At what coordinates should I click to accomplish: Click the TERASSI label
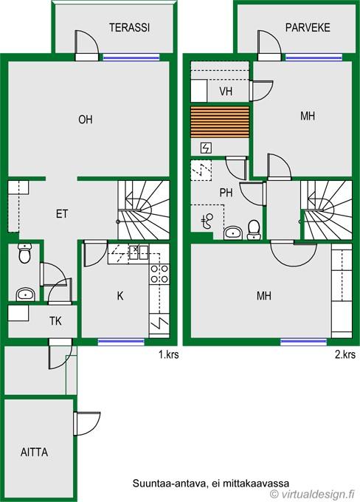pyautogui.click(x=129, y=27)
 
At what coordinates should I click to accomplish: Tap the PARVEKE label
pyautogui.click(x=308, y=27)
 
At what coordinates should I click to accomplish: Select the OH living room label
pyautogui.click(x=86, y=120)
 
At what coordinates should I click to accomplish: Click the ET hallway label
pyautogui.click(x=62, y=213)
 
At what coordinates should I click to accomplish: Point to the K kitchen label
pyautogui.click(x=120, y=296)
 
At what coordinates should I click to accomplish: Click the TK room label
pyautogui.click(x=55, y=321)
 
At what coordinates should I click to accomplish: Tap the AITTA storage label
pyautogui.click(x=34, y=452)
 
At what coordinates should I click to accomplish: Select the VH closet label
pyautogui.click(x=226, y=92)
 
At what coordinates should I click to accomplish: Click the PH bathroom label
pyautogui.click(x=226, y=193)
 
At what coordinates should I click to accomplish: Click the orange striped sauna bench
pyautogui.click(x=220, y=123)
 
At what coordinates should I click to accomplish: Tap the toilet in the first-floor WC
pyautogui.click(x=24, y=253)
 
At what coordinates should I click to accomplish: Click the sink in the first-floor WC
pyautogui.click(x=25, y=295)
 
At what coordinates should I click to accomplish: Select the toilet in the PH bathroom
pyautogui.click(x=254, y=230)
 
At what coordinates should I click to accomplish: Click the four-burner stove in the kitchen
pyautogui.click(x=159, y=274)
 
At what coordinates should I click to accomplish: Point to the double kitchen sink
pyautogui.click(x=138, y=252)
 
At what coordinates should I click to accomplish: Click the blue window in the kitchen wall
pyautogui.click(x=121, y=342)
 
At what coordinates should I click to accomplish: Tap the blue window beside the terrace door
pyautogui.click(x=131, y=58)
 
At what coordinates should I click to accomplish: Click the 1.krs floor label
pyautogui.click(x=169, y=355)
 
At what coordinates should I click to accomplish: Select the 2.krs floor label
pyautogui.click(x=345, y=355)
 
